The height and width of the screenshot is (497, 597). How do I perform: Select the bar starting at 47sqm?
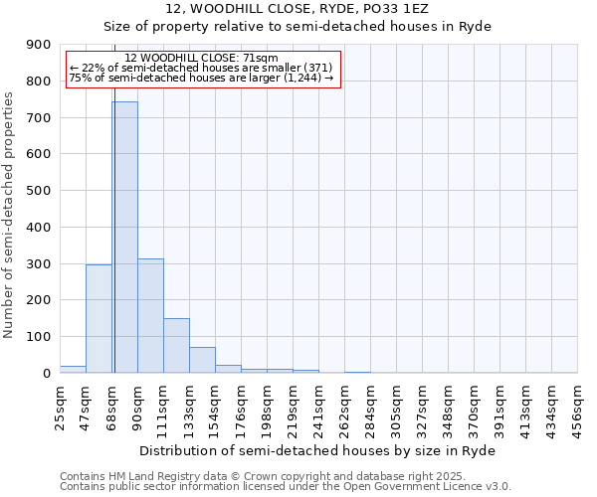(99, 318)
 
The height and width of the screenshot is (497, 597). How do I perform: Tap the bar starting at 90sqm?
(150, 315)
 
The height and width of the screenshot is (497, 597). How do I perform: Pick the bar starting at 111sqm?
(176, 345)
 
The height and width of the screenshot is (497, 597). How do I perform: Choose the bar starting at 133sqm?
(202, 360)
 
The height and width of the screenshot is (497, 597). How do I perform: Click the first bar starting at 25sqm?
(73, 369)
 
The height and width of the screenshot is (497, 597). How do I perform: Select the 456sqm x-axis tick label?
(577, 407)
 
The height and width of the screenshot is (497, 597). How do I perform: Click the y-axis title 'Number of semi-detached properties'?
(10, 216)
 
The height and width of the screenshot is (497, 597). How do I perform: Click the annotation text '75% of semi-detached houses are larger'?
(202, 79)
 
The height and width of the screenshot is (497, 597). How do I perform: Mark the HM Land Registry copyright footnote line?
(255, 476)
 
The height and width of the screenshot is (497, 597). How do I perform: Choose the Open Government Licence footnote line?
(286, 487)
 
